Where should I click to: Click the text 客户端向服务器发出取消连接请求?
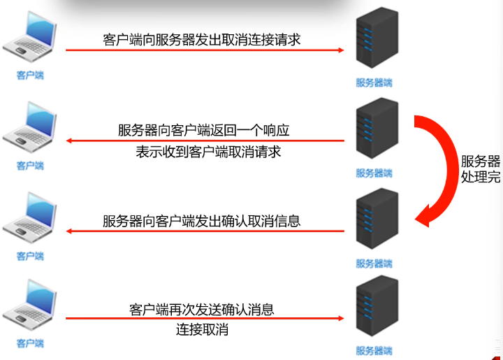pos(202,40)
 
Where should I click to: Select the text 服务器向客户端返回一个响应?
pos(203,130)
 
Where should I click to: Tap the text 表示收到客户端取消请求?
pos(208,152)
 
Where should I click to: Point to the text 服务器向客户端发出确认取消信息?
pos(202,221)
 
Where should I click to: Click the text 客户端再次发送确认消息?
pos(202,308)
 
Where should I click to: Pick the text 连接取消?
pos(202,330)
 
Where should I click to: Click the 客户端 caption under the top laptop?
pos(30,75)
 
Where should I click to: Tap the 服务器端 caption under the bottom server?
pos(374,350)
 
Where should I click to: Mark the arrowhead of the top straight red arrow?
pos(340,50)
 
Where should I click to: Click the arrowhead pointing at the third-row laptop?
pos(71,231)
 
